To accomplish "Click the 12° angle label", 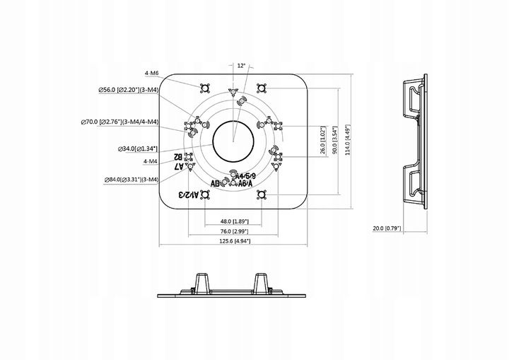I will (241, 66).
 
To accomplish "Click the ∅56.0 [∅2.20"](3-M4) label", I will (129, 89).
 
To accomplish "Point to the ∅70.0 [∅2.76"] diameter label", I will (119, 122).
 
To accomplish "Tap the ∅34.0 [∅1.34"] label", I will (138, 149).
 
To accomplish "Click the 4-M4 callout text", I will (150, 161).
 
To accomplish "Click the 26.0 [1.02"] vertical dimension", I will (323, 140).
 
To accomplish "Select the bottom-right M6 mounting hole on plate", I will (262, 194).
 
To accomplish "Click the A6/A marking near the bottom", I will (246, 184).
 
